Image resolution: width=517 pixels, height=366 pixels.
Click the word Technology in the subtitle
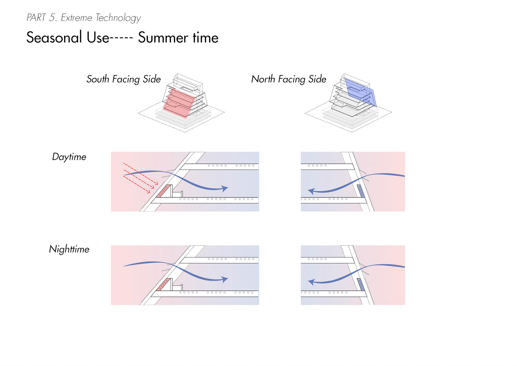[x=118, y=18]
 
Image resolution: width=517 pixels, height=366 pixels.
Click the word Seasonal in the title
[x=54, y=37]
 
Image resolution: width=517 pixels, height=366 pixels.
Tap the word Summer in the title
[x=163, y=37]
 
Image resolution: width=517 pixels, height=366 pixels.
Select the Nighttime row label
[x=69, y=249]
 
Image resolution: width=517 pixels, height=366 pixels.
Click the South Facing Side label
[x=124, y=79]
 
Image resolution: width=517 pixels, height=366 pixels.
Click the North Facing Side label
[x=289, y=79]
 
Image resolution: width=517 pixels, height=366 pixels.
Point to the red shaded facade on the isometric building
[x=178, y=104]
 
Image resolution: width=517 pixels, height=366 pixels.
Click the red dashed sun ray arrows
[x=140, y=178]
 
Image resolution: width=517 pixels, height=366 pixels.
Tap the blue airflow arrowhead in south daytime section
[x=224, y=188]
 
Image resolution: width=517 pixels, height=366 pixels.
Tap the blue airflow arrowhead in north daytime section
[x=311, y=191]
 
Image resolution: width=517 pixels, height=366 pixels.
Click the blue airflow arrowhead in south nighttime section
[x=224, y=279]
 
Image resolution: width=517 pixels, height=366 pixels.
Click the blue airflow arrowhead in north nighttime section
[x=311, y=282]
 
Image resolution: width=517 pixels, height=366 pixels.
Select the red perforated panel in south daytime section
[x=163, y=191]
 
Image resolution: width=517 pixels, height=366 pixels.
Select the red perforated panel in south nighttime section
[x=163, y=285]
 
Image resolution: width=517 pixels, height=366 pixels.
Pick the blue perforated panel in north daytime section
[x=361, y=191]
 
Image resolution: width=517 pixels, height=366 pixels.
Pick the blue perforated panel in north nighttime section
[x=361, y=284]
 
